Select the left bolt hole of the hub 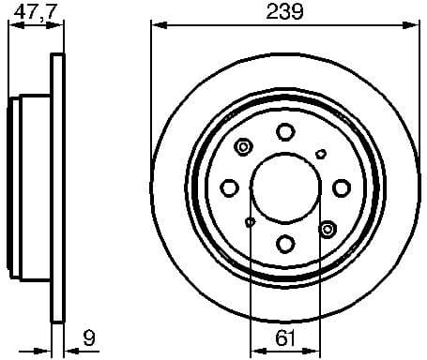[230, 187]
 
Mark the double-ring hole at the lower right [327, 228]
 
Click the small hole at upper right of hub [321, 153]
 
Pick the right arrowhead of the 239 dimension [414, 25]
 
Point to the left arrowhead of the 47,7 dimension [13, 25]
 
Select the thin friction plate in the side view [57, 187]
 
